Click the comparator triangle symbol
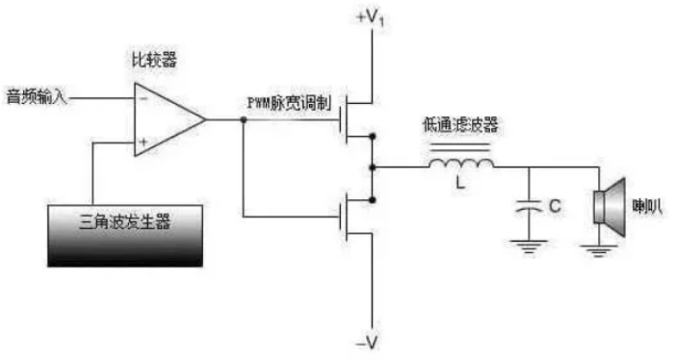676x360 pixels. point(166,119)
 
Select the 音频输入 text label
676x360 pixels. point(38,96)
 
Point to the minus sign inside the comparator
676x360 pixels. point(142,97)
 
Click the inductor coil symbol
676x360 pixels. point(461,166)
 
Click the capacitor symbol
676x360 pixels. point(529,204)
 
